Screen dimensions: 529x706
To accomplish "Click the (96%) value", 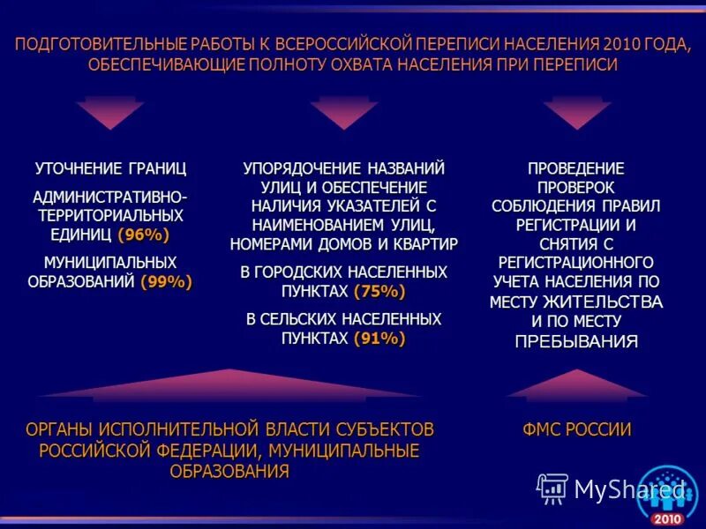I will pos(143,235).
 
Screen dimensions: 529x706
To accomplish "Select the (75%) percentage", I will pos(379,291).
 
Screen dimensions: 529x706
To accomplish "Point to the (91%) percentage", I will pos(379,338).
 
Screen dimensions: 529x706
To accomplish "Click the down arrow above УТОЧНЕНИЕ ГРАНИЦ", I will pos(109,112).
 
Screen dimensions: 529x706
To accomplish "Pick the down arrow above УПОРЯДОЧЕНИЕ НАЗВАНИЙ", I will pos(343,112).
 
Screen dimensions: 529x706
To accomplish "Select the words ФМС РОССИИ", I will pos(576,430).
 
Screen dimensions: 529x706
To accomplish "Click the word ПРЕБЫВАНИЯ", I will pos(576,342).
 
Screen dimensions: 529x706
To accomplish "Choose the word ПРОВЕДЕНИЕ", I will pos(576,168).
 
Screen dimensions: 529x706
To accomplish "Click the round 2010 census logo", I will pos(667,495).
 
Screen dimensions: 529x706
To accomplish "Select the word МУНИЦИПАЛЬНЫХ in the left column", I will pos(110,263).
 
